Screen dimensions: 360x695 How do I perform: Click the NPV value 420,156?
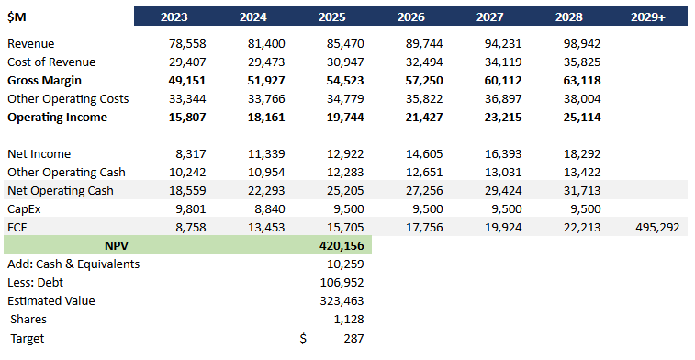point(342,246)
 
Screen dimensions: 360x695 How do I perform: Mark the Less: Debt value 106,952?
point(342,283)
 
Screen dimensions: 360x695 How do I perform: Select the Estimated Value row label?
point(50,301)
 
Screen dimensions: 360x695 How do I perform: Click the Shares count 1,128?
point(349,320)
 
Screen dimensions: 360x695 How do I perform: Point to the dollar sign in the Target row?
point(304,338)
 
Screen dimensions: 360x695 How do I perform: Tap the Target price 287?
point(353,338)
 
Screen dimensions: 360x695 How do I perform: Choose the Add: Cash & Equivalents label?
point(73,264)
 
